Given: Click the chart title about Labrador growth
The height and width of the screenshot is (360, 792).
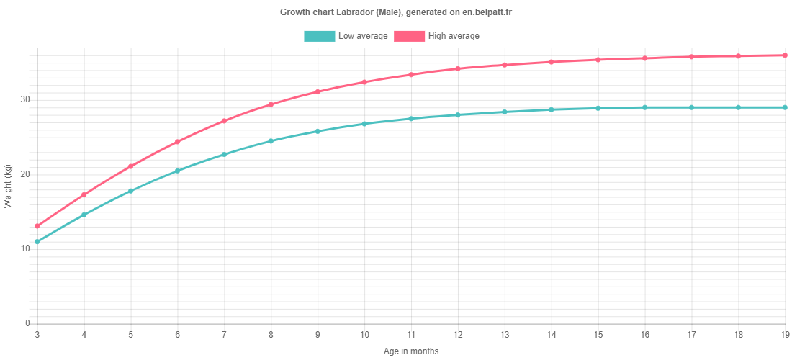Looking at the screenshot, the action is tap(397, 12).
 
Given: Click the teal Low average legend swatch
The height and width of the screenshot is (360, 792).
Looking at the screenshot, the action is tap(319, 36).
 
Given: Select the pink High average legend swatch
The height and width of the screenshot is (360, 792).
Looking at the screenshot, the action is tap(409, 36).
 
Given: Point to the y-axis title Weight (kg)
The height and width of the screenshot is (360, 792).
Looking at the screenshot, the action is tap(8, 186).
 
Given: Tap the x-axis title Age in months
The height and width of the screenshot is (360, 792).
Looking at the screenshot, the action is tap(411, 351).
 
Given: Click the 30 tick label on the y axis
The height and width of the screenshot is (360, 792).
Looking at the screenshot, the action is tap(25, 99).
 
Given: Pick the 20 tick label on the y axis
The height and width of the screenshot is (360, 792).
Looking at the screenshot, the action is tap(25, 174).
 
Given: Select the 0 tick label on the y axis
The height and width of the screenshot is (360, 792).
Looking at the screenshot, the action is tap(28, 324).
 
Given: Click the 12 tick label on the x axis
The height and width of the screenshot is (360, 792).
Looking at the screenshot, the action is tap(458, 334).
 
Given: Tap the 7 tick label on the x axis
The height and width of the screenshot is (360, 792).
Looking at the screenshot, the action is tap(224, 334).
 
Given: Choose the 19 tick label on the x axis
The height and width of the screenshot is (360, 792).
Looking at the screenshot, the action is tap(784, 334).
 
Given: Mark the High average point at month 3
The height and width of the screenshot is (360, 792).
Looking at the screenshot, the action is tap(37, 226).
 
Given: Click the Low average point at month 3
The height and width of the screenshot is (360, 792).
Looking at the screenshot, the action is tap(37, 242).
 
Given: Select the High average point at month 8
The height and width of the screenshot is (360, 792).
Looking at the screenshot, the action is tap(271, 104).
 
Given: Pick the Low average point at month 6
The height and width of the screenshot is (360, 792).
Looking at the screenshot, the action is tap(177, 171).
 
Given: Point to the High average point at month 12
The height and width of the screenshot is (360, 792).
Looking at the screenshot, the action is tap(458, 68).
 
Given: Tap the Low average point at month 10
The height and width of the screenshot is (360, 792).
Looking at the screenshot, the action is tap(364, 124).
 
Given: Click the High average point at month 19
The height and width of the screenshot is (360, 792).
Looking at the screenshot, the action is tap(785, 55).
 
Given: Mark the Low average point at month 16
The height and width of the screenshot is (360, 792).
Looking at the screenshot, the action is tap(644, 107).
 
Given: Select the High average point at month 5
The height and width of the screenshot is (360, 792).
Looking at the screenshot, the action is tap(131, 166).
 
